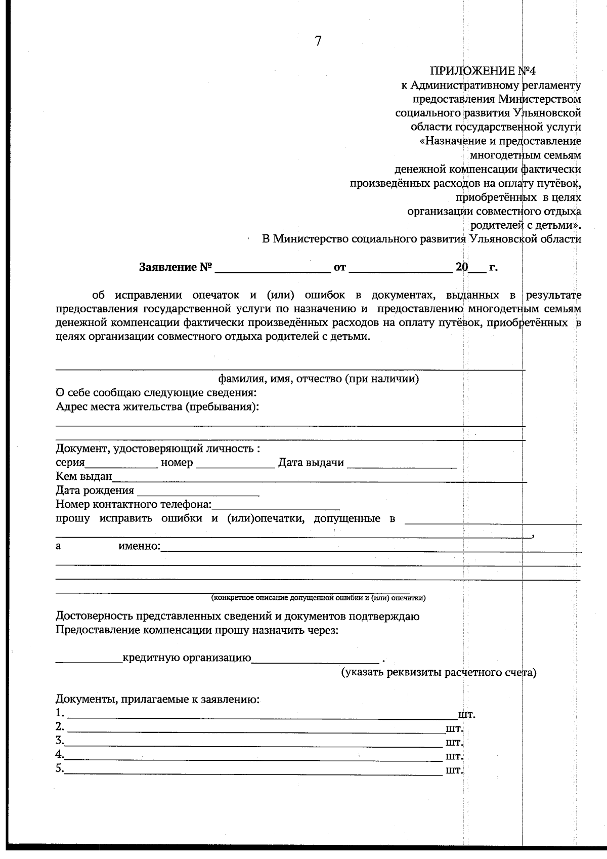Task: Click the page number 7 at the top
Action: tap(318, 42)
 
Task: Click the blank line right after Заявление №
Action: tap(272, 268)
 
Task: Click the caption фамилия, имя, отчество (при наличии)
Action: tap(318, 379)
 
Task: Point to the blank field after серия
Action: tap(121, 463)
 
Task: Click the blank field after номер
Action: tap(235, 463)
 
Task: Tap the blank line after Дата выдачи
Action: tap(402, 463)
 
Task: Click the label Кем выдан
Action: tap(83, 476)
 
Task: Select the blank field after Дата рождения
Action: tap(198, 491)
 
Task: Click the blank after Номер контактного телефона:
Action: tap(276, 505)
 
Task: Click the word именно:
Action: tap(139, 546)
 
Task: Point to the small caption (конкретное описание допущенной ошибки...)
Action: tap(318, 598)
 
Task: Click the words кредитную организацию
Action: tap(187, 658)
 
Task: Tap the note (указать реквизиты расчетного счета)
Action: tap(438, 672)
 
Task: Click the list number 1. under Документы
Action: tap(60, 713)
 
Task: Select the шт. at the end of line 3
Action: tap(454, 743)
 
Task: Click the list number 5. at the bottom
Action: tap(60, 768)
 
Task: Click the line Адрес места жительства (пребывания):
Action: tap(157, 406)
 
